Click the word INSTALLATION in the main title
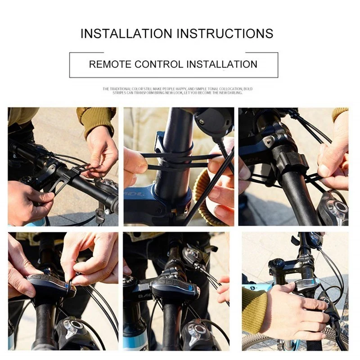[x=126, y=33]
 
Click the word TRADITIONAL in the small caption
[x=121, y=89]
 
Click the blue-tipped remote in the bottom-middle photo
[x=175, y=288]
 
